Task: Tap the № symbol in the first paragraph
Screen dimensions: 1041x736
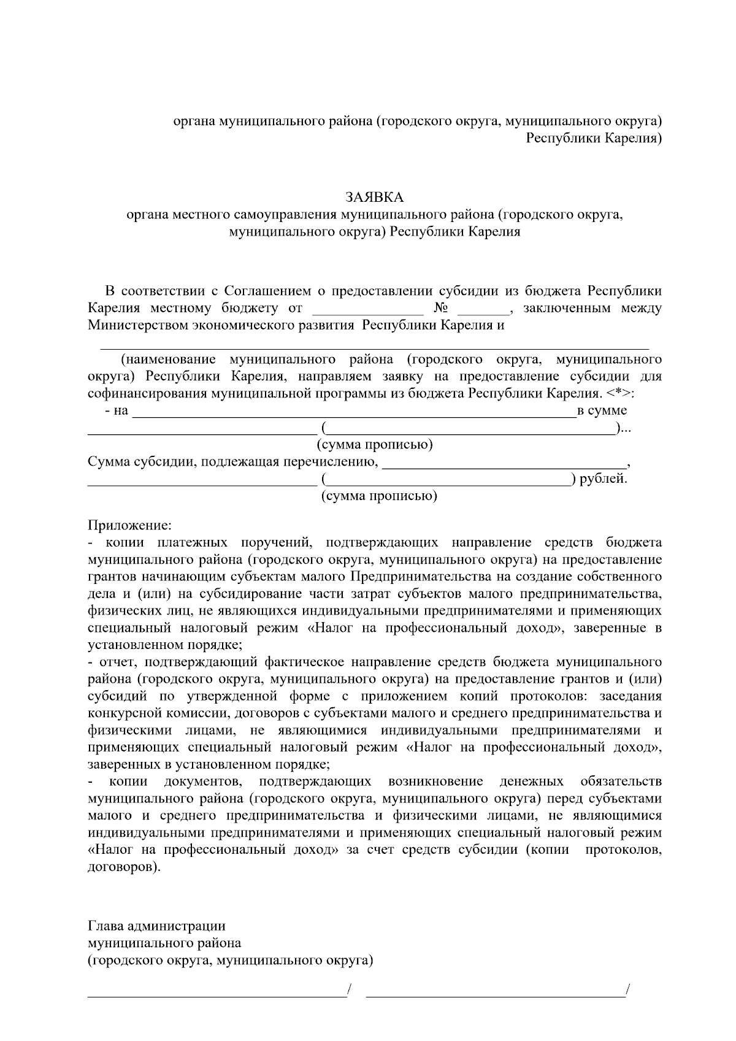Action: pyautogui.click(x=442, y=307)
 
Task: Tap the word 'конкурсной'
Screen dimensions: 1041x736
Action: pyautogui.click(x=125, y=713)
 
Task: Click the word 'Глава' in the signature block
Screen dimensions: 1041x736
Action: pyautogui.click(x=106, y=926)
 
